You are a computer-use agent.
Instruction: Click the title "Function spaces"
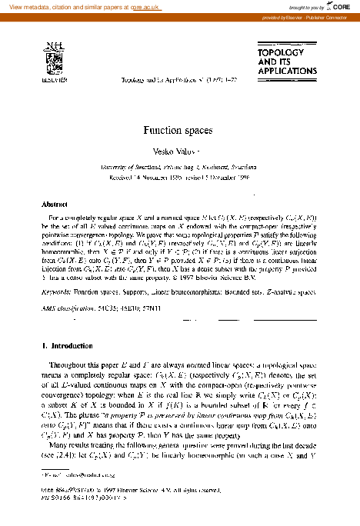coord(180,131)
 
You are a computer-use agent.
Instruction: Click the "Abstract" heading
coord(54,205)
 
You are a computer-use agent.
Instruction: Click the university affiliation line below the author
coord(180,167)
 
